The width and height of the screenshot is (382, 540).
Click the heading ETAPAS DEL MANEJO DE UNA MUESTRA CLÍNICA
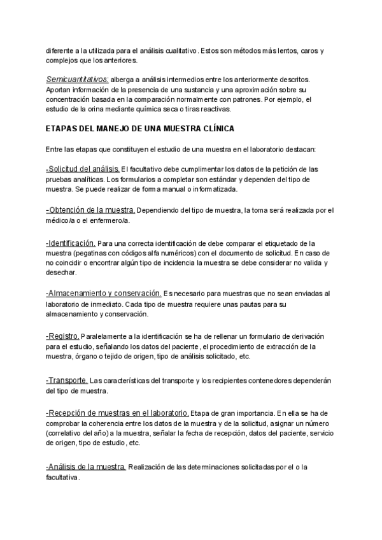pyautogui.click(x=141, y=128)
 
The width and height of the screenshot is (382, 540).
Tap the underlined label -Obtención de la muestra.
pyautogui.click(x=90, y=210)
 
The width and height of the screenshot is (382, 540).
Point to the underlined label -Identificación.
pyautogui.click(x=71, y=243)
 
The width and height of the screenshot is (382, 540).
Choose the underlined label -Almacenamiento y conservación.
pyautogui.click(x=103, y=293)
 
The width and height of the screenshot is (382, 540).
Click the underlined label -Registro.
pyautogui.click(x=62, y=335)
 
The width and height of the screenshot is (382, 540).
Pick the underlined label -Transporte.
pyautogui.click(x=67, y=380)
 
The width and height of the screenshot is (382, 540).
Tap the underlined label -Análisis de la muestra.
pyautogui.click(x=85, y=467)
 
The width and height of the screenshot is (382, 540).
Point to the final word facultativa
pyautogui.click(x=63, y=477)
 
